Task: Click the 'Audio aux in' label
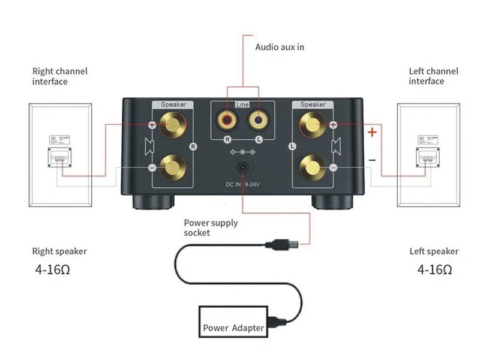pos(280,46)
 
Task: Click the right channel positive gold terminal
pos(173,125)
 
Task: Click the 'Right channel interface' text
pos(59,76)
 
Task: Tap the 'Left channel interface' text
pos(433,76)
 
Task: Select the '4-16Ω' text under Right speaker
pos(53,270)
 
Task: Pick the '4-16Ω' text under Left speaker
pos(435,270)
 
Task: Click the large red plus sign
pos(372,132)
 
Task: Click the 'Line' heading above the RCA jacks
pos(242,104)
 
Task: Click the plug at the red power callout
pos(280,244)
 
